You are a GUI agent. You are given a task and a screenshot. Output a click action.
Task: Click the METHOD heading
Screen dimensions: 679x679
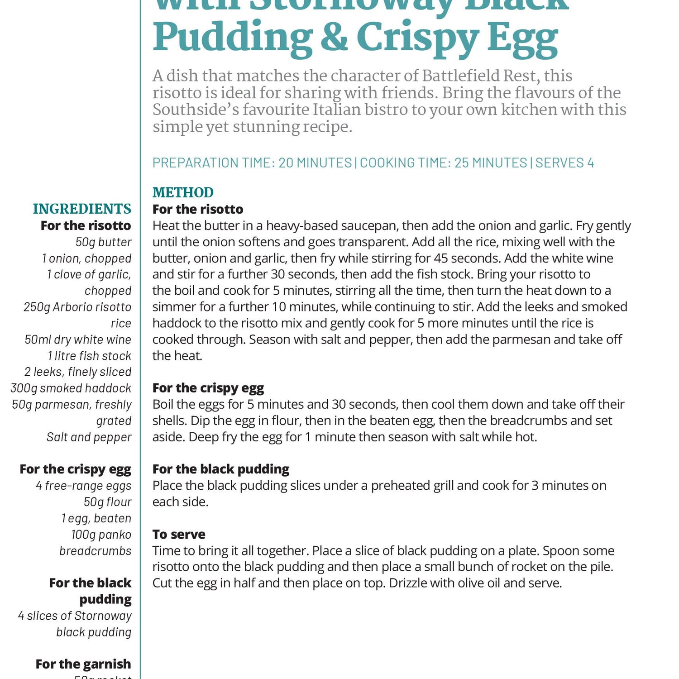point(183,192)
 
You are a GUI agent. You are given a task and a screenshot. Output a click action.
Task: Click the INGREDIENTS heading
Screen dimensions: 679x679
point(82,209)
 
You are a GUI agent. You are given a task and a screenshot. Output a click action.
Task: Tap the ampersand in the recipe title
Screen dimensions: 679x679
point(334,38)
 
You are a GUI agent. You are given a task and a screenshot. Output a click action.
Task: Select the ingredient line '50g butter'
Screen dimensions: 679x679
point(103,242)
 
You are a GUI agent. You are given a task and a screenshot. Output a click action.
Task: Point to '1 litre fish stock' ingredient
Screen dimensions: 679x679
point(89,356)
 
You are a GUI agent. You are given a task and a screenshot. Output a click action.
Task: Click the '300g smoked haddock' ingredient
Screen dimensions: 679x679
point(71,388)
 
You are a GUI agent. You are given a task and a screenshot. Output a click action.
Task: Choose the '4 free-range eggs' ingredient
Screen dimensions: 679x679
point(84,486)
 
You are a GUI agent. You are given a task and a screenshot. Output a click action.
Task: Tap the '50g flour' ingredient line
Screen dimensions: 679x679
point(107,502)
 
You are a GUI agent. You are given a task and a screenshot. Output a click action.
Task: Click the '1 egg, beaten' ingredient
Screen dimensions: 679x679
point(96,518)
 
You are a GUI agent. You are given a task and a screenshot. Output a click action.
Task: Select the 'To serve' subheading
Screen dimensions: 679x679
point(179,534)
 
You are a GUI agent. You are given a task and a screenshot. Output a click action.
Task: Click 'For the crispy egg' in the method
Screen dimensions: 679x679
point(208,388)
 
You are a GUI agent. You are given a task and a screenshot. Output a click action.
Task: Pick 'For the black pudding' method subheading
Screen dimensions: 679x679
point(221,469)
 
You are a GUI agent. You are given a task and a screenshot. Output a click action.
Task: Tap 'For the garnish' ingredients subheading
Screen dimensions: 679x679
point(83,664)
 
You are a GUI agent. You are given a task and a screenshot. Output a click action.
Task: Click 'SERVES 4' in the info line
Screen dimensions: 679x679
point(564,163)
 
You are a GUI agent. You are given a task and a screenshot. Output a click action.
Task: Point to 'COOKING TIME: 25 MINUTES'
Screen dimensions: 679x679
point(443,163)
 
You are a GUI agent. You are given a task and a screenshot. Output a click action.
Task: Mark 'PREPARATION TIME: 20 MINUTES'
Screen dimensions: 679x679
point(252,163)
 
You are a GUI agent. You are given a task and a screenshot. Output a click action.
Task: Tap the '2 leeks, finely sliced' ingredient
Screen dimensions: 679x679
point(78,372)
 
